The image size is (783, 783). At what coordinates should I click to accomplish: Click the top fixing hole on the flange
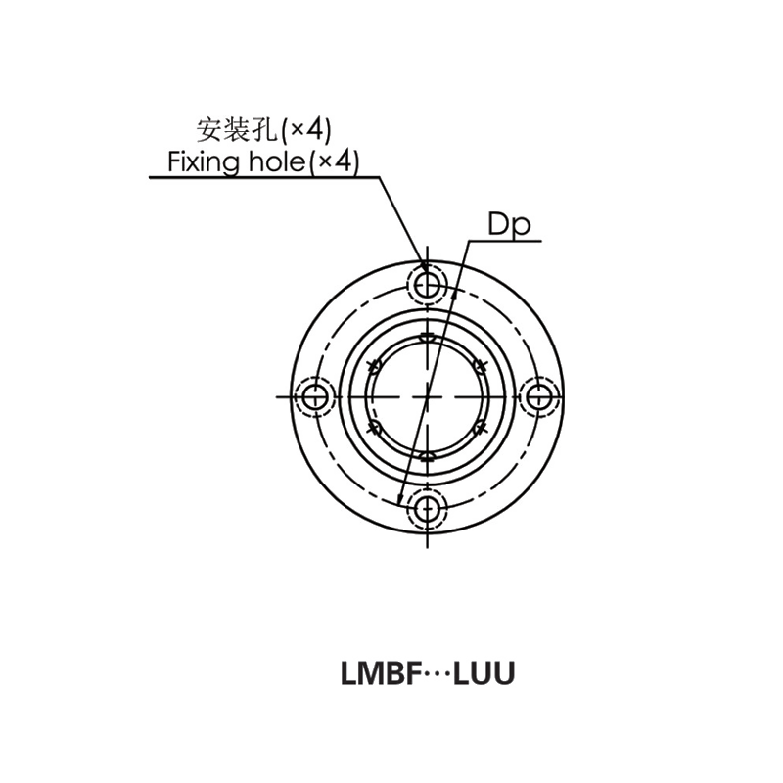[428, 285]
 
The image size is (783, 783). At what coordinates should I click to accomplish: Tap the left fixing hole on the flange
[315, 396]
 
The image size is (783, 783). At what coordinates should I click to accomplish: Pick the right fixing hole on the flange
[538, 396]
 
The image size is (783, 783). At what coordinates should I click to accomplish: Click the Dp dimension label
[509, 226]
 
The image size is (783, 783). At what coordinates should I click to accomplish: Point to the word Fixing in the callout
[203, 161]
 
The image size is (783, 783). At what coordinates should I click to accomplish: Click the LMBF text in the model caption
[375, 674]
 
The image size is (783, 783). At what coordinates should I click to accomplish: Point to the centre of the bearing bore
[428, 396]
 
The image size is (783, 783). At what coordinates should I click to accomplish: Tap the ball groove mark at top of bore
[428, 338]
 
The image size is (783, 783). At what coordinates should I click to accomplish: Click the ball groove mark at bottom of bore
[428, 455]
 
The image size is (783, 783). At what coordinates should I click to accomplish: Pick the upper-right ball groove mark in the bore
[479, 366]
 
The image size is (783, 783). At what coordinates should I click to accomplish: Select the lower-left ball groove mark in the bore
[375, 428]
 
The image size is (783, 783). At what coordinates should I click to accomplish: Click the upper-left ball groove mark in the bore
[375, 365]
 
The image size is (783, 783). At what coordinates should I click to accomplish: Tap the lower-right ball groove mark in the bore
[479, 427]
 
